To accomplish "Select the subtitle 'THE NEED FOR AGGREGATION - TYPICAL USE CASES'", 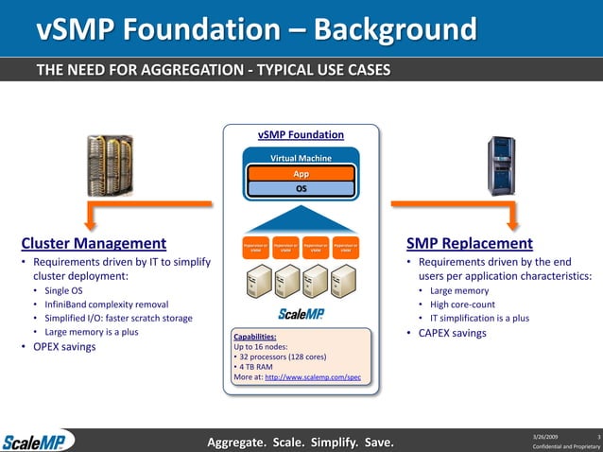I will [x=213, y=71].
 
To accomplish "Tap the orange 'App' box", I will [x=301, y=174].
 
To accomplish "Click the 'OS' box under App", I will [x=301, y=188].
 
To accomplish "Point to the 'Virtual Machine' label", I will [x=301, y=158].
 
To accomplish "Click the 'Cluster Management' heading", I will [x=94, y=243].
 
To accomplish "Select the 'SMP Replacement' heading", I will [x=469, y=243].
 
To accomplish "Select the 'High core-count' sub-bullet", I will [x=463, y=304].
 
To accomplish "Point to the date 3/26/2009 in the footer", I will [x=546, y=434].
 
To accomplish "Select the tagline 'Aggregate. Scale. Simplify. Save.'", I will [x=301, y=441].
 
